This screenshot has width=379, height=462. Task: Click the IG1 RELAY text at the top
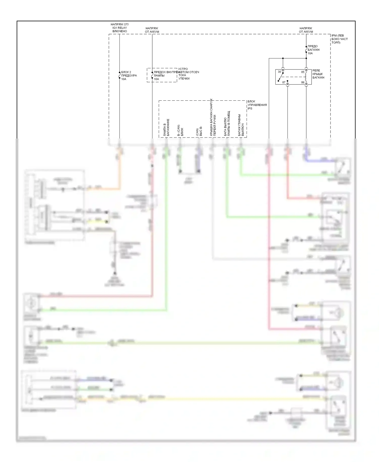coord(120,28)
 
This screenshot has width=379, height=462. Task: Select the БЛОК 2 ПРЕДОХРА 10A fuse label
coord(129,76)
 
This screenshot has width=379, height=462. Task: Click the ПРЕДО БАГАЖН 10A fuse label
coord(313,50)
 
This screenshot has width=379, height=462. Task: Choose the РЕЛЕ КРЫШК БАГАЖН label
coord(318,74)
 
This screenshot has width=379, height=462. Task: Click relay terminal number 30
coord(279,72)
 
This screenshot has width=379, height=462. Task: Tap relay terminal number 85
coord(303,72)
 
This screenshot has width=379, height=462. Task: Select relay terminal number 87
coord(284,82)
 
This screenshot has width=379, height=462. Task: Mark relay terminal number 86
coord(303,82)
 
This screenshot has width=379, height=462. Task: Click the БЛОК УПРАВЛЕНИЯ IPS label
coord(257,105)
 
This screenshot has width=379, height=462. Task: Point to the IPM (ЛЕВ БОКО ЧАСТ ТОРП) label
coord(339,39)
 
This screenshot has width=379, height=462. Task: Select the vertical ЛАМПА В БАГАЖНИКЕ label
coord(166,128)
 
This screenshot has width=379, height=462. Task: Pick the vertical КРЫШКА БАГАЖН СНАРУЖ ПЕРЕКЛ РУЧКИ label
coord(213,117)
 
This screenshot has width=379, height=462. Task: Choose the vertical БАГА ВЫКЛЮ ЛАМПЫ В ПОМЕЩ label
coord(227,123)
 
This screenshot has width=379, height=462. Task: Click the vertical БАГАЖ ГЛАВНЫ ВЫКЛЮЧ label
coord(241,125)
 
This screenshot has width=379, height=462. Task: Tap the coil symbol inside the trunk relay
coord(306,77)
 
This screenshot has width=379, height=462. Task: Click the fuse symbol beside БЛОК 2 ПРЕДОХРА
coord(120,75)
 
